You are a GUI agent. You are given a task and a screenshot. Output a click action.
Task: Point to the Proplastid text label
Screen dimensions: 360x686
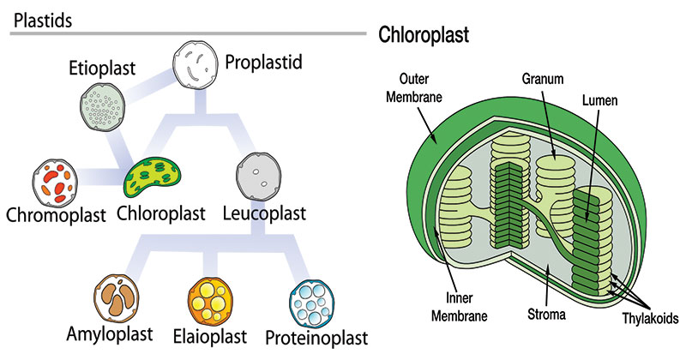point(268,62)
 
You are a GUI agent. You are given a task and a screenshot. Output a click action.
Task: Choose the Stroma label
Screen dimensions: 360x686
point(545,315)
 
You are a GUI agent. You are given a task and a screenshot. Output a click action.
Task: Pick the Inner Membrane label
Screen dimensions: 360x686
point(451,308)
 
